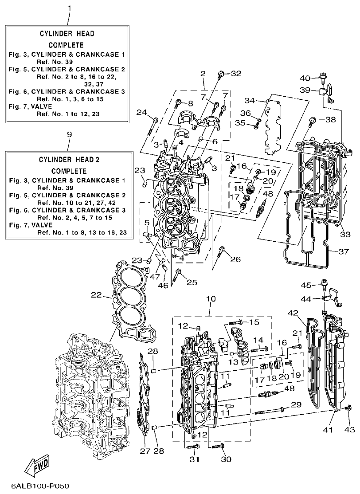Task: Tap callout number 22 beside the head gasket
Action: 97,295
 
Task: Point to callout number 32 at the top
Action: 236,74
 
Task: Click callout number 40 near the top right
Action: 305,78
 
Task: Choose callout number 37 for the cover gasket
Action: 344,251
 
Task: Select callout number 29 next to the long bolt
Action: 296,404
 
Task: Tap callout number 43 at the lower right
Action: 350,430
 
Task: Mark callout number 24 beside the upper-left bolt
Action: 141,112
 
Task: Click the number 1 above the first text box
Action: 69,8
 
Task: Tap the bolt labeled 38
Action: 314,120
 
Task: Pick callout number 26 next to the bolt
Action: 235,259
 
